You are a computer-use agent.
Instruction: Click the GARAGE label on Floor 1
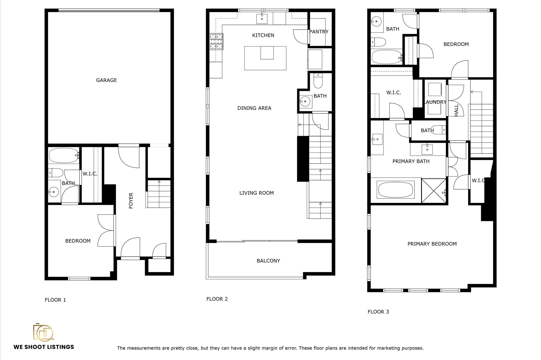106,80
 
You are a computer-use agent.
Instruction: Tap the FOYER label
131,201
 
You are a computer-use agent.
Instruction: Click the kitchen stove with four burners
216,41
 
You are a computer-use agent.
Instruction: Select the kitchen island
265,58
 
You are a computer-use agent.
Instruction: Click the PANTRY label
319,32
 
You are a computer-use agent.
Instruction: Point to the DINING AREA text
254,108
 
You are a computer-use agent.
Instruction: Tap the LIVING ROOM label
256,193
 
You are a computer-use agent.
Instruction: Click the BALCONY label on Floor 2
268,261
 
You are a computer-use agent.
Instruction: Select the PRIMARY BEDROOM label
432,244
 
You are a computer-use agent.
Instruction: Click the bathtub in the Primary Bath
395,190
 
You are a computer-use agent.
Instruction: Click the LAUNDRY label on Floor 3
435,102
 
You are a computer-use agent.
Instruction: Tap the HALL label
456,110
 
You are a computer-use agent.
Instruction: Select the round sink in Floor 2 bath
305,101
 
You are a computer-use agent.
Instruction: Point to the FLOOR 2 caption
217,299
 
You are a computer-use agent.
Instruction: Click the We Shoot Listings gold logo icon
43,332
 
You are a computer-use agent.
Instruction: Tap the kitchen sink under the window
262,18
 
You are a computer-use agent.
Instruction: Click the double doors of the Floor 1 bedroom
106,230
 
